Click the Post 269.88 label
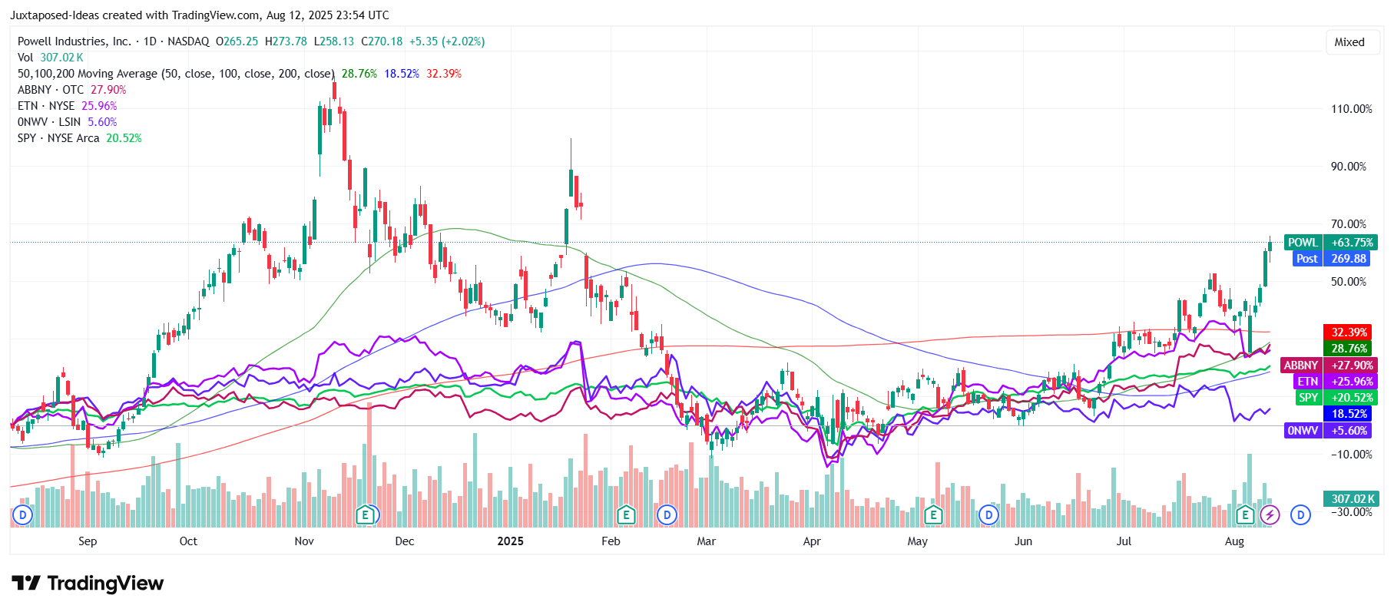(x=1333, y=259)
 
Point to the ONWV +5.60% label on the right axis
(x=1328, y=431)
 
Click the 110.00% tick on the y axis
(x=1351, y=109)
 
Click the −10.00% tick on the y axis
(x=1351, y=455)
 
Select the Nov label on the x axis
(x=304, y=541)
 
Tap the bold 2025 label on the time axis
(x=510, y=541)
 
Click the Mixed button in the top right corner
(x=1349, y=42)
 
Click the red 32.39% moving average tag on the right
(x=1349, y=332)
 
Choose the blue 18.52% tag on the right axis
(x=1349, y=414)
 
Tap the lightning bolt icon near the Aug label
(x=1270, y=514)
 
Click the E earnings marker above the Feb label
(x=626, y=514)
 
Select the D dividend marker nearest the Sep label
(x=23, y=514)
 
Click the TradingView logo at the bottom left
(x=88, y=584)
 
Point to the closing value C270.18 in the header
(x=382, y=41)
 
